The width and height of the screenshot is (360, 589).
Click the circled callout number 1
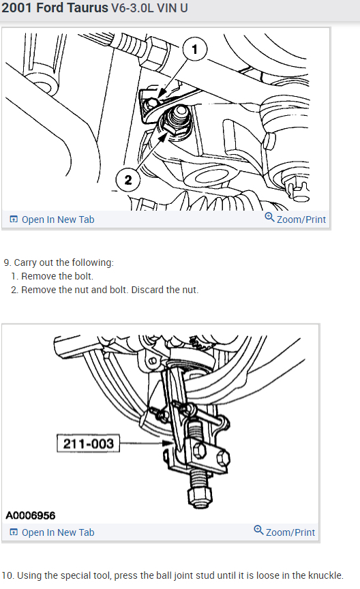pyautogui.click(x=194, y=49)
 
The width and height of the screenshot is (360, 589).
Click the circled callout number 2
pyautogui.click(x=127, y=179)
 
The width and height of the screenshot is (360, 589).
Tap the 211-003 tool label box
pyautogui.click(x=89, y=443)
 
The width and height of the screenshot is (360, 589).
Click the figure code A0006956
pyautogui.click(x=31, y=515)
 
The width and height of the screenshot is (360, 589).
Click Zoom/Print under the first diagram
pyautogui.click(x=301, y=220)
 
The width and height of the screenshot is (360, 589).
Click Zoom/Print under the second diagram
pyautogui.click(x=290, y=532)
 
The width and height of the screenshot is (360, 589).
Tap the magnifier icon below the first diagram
pyautogui.click(x=269, y=217)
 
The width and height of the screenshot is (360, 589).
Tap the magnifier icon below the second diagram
pyautogui.click(x=258, y=530)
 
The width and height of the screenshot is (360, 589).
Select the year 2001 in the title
pyautogui.click(x=17, y=8)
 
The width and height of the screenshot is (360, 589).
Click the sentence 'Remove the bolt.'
pyautogui.click(x=57, y=276)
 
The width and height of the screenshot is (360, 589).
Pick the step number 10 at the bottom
pyautogui.click(x=7, y=575)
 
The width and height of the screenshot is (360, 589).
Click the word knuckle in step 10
pyautogui.click(x=325, y=575)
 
